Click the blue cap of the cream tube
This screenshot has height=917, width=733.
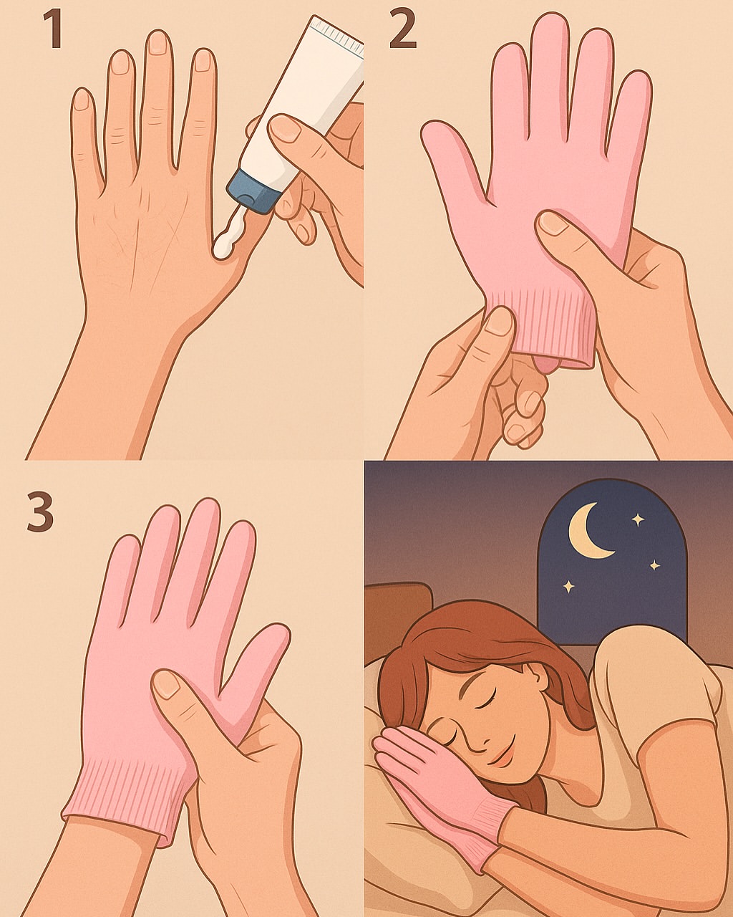click(x=254, y=191)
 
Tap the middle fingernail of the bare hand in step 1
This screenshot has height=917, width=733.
click(x=158, y=44)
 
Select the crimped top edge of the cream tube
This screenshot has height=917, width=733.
click(x=336, y=35)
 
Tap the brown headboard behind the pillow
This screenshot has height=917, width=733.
click(x=396, y=622)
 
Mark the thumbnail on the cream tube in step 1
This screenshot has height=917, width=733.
click(x=286, y=127)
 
